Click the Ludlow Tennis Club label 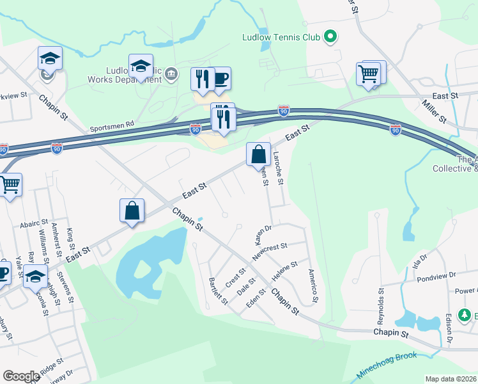pos(281,37)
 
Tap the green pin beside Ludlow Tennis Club pos(330,37)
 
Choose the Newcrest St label pos(270,250)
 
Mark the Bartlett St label pos(218,291)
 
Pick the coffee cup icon pos(220,79)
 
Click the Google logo pos(21,376)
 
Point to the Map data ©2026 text pos(451,379)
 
